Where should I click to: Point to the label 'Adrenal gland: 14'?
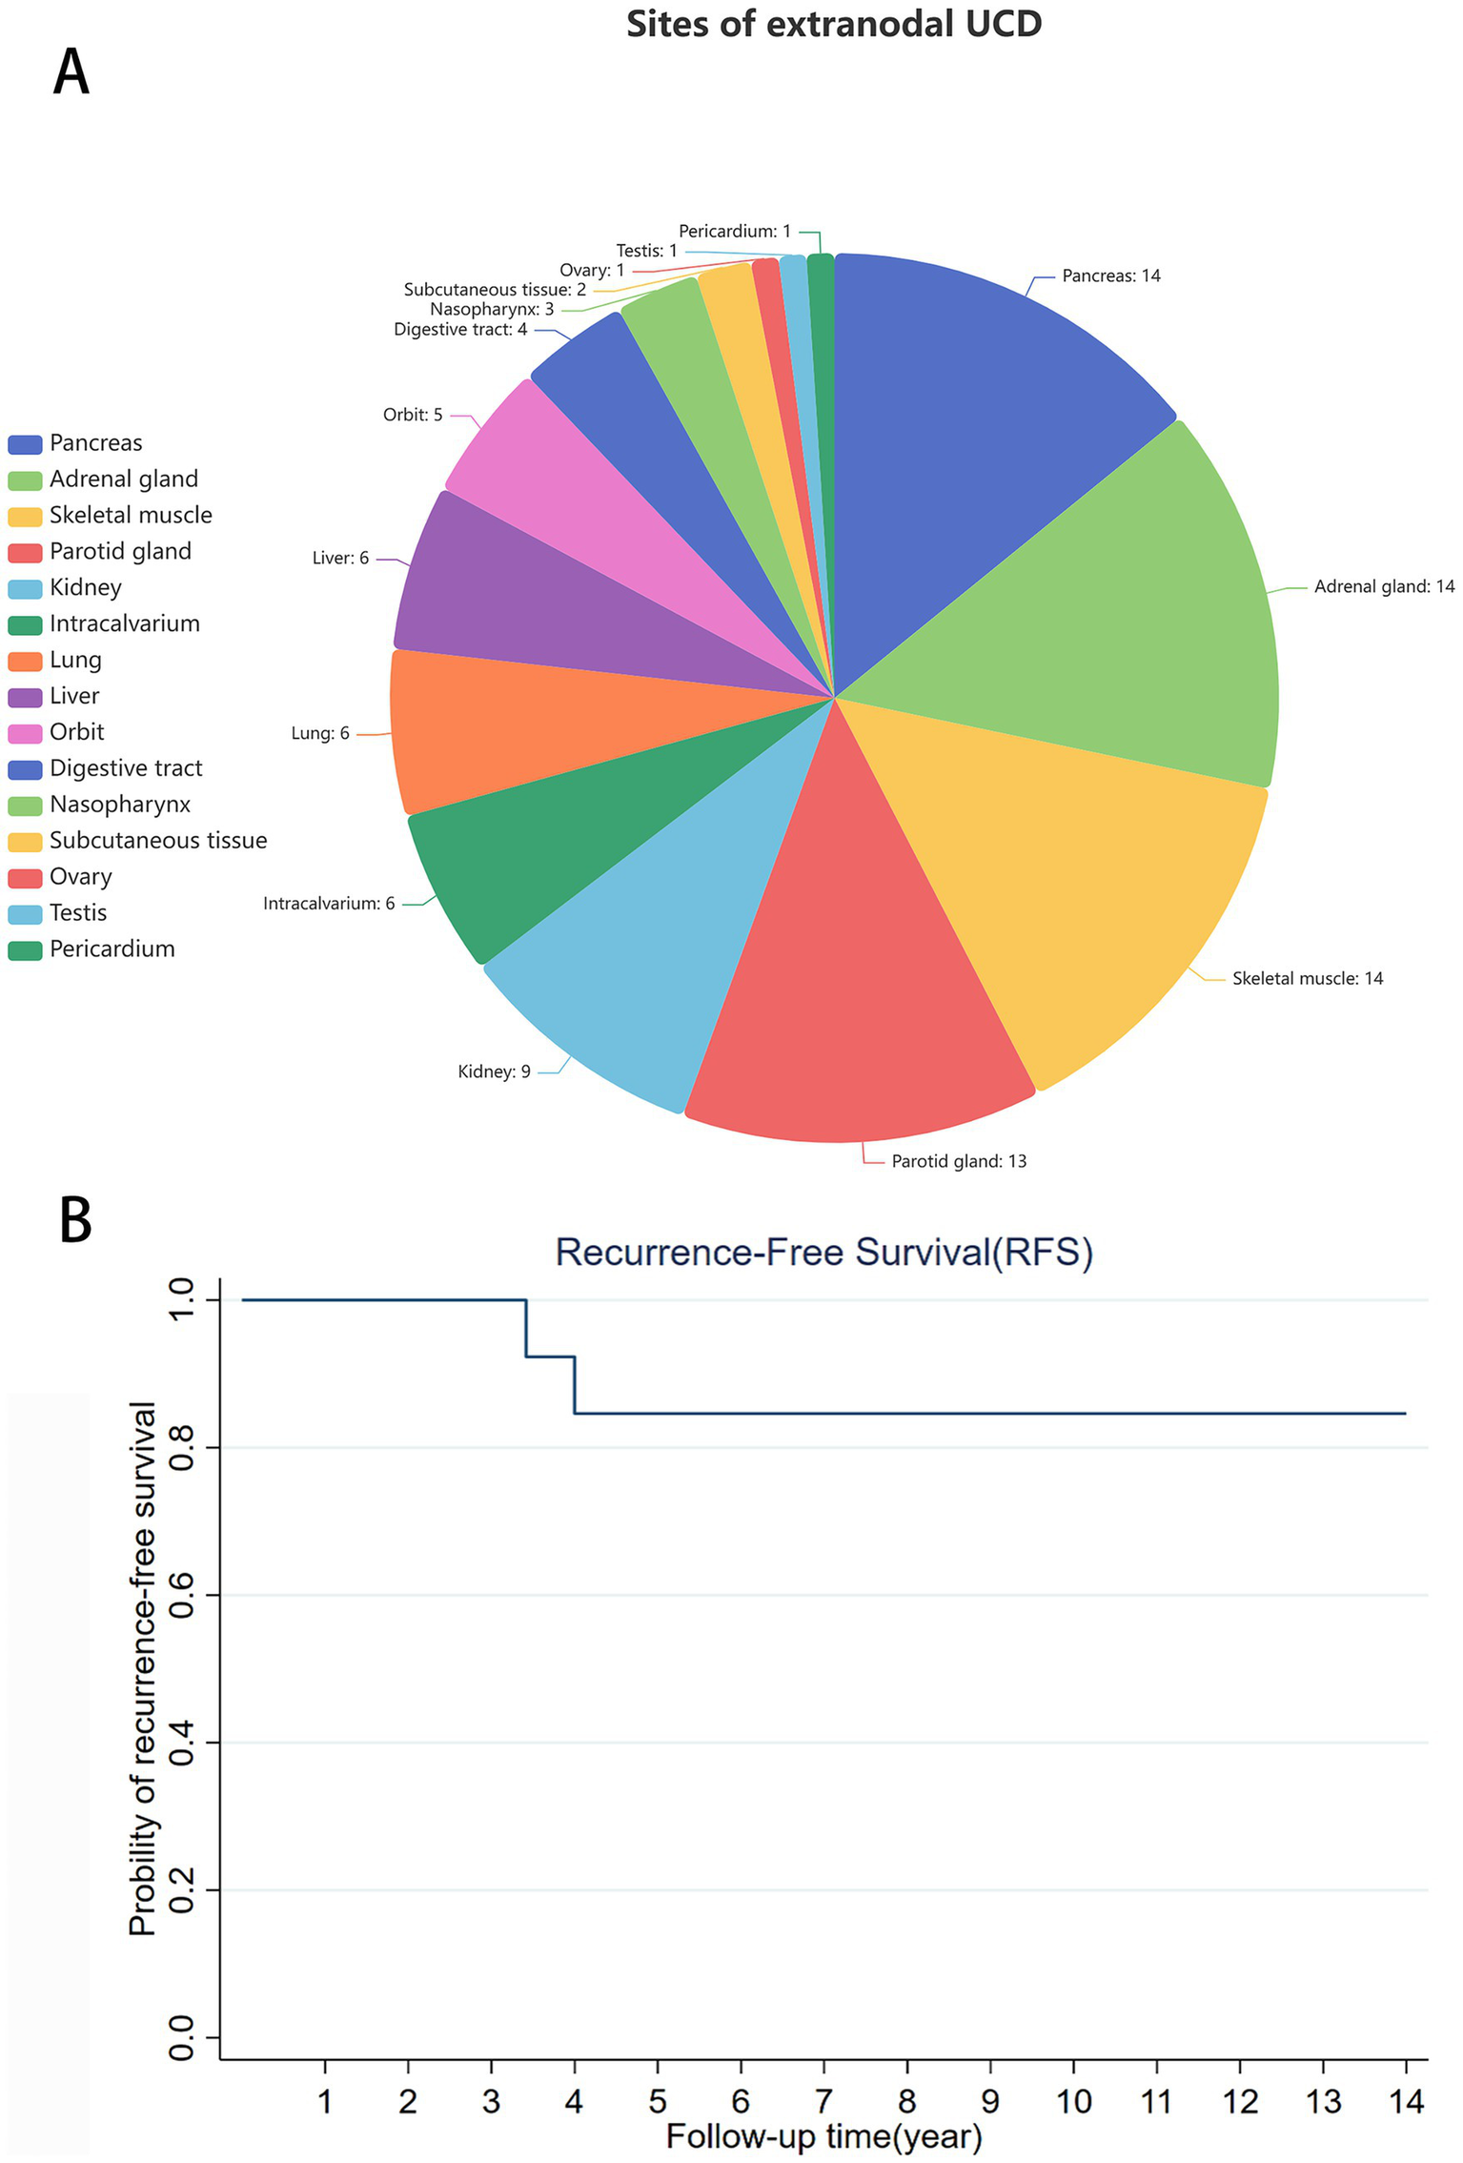pyautogui.click(x=1384, y=587)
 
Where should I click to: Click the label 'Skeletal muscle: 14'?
pyautogui.click(x=1307, y=979)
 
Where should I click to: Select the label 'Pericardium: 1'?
pyautogui.click(x=734, y=232)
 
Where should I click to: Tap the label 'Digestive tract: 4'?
pyautogui.click(x=459, y=330)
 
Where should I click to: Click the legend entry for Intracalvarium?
pyautogui.click(x=124, y=624)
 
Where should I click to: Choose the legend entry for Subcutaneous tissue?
pyautogui.click(x=157, y=841)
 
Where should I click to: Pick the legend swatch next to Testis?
pyautogui.click(x=25, y=914)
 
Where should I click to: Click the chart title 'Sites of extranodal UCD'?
pyautogui.click(x=833, y=25)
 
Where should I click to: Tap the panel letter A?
pyautogui.click(x=71, y=72)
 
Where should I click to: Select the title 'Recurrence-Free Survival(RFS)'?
pyautogui.click(x=823, y=1253)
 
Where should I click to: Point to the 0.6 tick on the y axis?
pyautogui.click(x=181, y=1595)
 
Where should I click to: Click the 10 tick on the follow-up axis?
pyautogui.click(x=1073, y=2101)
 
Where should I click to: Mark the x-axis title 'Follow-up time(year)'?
pyautogui.click(x=823, y=2136)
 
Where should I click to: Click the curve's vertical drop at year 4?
pyautogui.click(x=575, y=1384)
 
